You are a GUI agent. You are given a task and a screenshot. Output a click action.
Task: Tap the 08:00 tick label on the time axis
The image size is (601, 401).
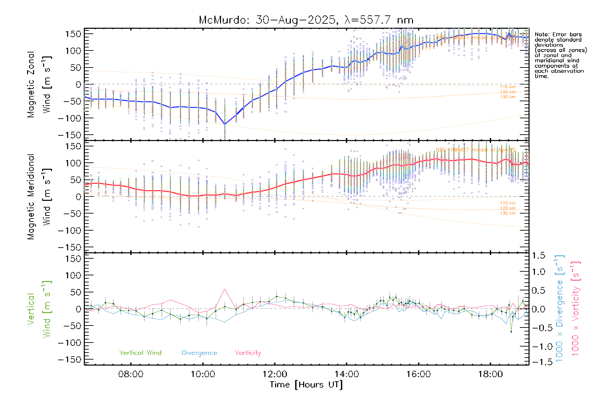[x=131, y=374]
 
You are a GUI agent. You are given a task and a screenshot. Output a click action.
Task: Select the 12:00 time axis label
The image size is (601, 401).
[x=275, y=374]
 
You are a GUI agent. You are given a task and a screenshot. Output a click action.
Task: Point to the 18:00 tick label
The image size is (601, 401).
[x=490, y=374]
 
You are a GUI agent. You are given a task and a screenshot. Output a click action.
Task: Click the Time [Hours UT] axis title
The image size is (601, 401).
[x=306, y=385]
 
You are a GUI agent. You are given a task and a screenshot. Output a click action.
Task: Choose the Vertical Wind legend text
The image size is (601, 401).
[x=140, y=353]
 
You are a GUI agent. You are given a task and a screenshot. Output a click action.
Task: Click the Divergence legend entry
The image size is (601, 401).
[x=199, y=353]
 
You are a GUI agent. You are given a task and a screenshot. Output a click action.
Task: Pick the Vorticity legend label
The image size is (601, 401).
[x=248, y=353]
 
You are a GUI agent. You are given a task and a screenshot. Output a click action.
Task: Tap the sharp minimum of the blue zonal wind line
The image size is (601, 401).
[x=225, y=124]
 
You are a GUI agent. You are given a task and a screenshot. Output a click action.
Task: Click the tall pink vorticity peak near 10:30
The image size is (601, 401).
[x=225, y=289]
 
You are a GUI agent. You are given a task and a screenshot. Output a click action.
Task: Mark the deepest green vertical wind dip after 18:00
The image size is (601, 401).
[x=511, y=332]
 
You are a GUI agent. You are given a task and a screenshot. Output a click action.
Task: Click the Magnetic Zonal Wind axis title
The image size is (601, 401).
[x=39, y=84]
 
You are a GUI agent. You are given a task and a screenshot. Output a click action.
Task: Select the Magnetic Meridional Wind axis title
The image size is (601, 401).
[x=39, y=197]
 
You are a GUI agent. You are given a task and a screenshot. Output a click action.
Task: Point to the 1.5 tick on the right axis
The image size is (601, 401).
[x=539, y=256]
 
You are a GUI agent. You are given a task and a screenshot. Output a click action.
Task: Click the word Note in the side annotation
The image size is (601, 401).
[x=541, y=35]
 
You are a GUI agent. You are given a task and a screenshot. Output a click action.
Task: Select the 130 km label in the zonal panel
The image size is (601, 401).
[x=508, y=97]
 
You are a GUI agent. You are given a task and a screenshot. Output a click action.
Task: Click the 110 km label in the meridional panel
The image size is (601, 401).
[x=508, y=203]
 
